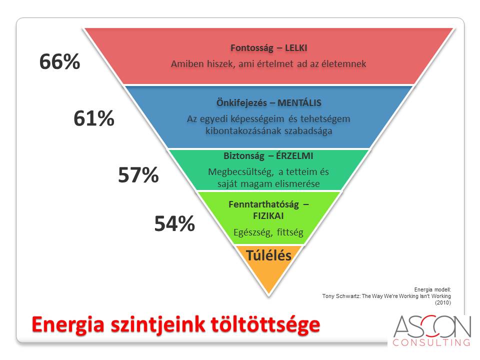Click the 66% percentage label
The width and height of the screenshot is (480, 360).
tap(59, 61)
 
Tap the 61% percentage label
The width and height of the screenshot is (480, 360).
tap(94, 118)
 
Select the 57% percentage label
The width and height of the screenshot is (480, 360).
tap(138, 175)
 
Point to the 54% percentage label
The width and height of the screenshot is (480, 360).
tap(174, 223)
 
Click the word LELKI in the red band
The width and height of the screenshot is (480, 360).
tap(296, 48)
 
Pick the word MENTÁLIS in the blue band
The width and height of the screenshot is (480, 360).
tap(299, 102)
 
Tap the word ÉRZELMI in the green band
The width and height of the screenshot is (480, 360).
tap(294, 156)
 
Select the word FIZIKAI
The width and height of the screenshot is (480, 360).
tap(268, 216)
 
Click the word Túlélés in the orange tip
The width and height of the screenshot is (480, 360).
tap(269, 255)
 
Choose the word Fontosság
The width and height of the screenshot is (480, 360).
tap(251, 48)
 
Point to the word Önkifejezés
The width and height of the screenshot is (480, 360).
tap(241, 102)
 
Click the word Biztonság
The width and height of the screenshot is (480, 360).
tap(243, 156)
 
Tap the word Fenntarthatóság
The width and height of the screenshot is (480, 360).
tap(263, 204)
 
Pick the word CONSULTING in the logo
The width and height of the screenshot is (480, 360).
tap(431, 342)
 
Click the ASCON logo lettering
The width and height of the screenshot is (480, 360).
tap(432, 326)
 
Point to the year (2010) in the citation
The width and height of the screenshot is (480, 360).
tap(443, 303)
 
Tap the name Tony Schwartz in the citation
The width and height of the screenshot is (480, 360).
tap(340, 296)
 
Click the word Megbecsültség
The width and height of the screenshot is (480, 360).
tap(241, 172)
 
